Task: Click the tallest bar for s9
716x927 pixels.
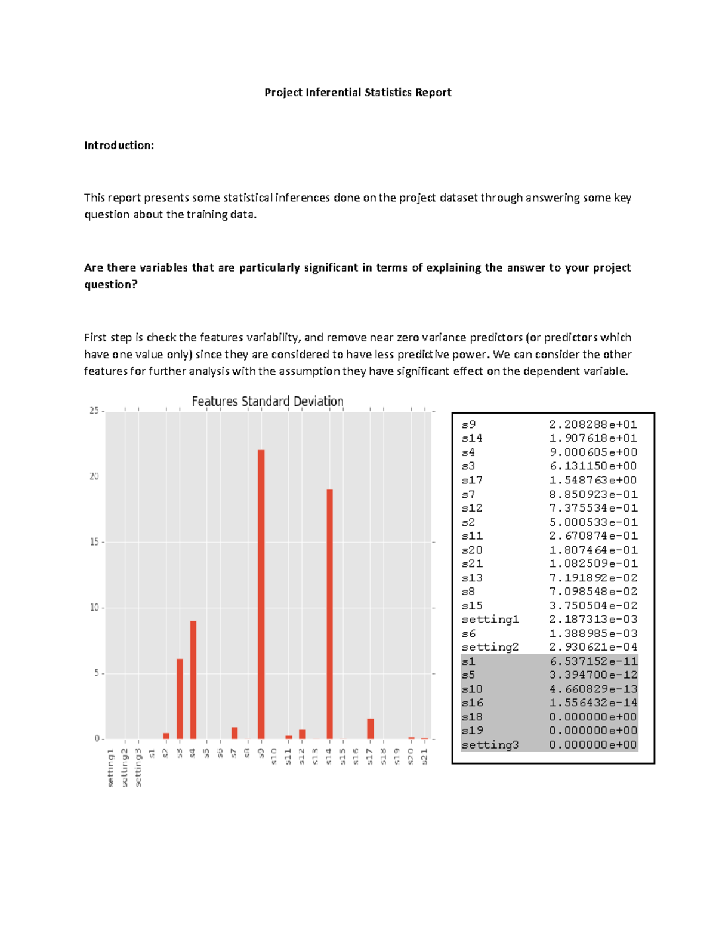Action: click(261, 594)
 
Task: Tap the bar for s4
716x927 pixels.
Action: click(193, 680)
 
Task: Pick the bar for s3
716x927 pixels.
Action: click(180, 698)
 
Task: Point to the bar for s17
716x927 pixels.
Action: click(371, 729)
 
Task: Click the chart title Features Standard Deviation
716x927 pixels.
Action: click(267, 402)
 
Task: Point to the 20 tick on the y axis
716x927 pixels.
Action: click(94, 476)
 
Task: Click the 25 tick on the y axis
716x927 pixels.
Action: click(94, 411)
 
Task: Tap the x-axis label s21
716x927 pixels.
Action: click(425, 756)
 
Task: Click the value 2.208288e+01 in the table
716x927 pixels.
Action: click(593, 424)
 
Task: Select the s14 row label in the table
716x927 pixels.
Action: click(472, 438)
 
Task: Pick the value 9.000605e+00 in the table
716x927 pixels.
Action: click(593, 452)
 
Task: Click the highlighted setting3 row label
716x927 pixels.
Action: click(490, 744)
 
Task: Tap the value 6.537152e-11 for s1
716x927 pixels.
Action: click(593, 661)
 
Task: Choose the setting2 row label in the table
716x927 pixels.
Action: click(490, 647)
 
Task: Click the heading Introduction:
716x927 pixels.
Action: click(119, 146)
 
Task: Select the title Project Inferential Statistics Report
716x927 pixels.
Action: click(358, 93)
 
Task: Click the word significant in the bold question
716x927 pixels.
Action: click(331, 267)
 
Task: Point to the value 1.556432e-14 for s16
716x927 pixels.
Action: click(593, 703)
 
